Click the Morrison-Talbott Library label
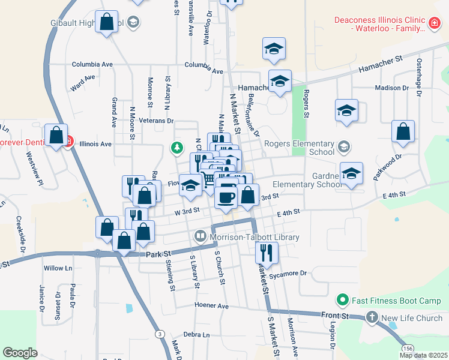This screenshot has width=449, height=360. pyautogui.click(x=255, y=238)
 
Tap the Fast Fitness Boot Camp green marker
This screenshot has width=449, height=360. pyautogui.click(x=343, y=298)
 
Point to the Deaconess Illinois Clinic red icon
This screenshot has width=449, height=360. pyautogui.click(x=434, y=23)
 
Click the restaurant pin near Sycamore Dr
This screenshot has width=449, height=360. pyautogui.click(x=267, y=253)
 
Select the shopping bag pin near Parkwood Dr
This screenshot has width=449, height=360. pyautogui.click(x=403, y=131)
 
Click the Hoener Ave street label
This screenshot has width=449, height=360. pyautogui.click(x=211, y=305)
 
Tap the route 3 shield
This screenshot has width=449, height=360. pyautogui.click(x=159, y=334)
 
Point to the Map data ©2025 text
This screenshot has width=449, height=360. pyautogui.click(x=424, y=355)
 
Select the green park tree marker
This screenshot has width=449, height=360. pyautogui.click(x=176, y=146)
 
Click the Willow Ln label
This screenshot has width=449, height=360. pyautogui.click(x=58, y=268)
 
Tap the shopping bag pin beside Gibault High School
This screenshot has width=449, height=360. pyautogui.click(x=107, y=22)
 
